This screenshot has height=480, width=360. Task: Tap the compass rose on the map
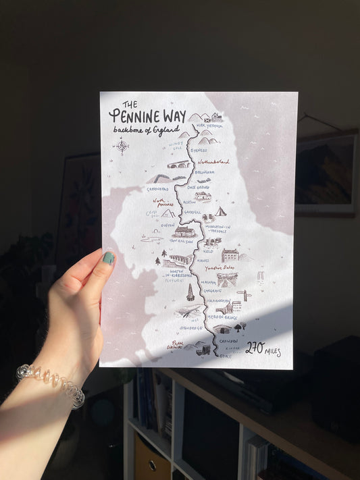click(x=122, y=146)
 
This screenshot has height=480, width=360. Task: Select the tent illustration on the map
click(x=220, y=211)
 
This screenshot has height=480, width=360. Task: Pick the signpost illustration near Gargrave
click(x=245, y=295)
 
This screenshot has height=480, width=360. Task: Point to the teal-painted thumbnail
click(x=108, y=258)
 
